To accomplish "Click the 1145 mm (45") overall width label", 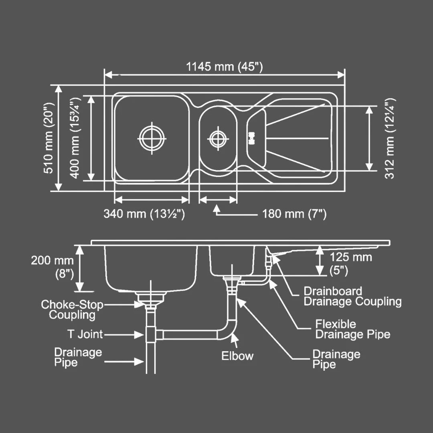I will tap(224, 67).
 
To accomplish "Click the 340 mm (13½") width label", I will tap(144, 214).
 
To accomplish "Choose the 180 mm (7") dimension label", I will tap(294, 214).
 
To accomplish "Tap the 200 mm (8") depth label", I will tap(53, 267).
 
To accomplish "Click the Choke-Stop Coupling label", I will tap(72, 310).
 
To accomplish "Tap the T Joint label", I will tap(85, 334).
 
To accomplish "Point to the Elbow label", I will tap(237, 356).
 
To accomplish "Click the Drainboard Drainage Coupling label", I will tap(352, 296).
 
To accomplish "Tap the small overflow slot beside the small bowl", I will tap(252, 139).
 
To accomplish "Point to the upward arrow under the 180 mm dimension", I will tap(217, 208).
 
